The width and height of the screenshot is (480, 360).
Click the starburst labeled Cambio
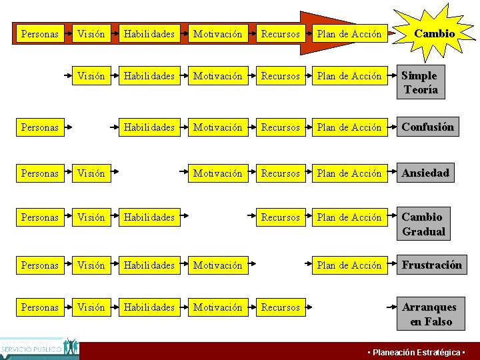coord(434,33)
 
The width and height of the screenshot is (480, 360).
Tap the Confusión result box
coord(427,127)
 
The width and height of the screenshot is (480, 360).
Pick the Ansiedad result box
coord(425,173)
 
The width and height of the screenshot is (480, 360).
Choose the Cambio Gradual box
coord(423,224)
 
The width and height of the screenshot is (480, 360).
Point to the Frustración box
coord(431,265)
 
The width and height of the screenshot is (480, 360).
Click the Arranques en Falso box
coord(430,314)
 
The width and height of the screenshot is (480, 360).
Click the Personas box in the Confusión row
coord(40,127)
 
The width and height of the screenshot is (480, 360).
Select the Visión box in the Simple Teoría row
coord(91,76)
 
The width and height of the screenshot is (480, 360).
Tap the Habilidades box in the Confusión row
coord(149,127)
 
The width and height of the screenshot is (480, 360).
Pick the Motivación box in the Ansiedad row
coord(218,173)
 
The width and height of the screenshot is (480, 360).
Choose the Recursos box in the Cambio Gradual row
coord(281,217)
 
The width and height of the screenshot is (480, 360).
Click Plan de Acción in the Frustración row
coord(349,265)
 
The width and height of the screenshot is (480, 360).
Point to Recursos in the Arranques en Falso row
coord(281,307)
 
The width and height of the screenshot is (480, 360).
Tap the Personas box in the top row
coord(40,33)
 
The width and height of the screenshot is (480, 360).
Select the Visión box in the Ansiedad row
coord(91,173)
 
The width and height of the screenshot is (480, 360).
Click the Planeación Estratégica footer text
coord(417,352)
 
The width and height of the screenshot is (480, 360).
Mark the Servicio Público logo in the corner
coord(39,348)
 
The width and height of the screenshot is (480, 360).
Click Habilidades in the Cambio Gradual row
coord(149,217)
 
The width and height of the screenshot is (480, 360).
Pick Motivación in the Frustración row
coord(218,265)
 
